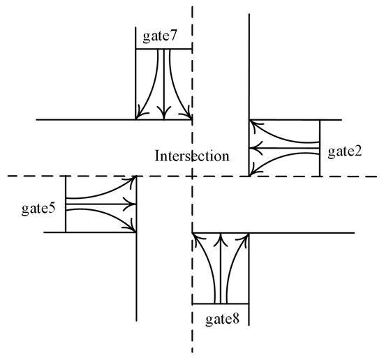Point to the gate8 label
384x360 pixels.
pyautogui.click(x=222, y=320)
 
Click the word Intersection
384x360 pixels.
pyautogui.click(x=191, y=156)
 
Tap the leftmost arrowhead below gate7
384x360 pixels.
pyautogui.click(x=141, y=114)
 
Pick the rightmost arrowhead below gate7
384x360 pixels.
pyautogui.click(x=186, y=114)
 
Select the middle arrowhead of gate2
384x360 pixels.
pyautogui.click(x=255, y=147)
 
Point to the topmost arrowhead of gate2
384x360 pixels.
pyautogui.click(x=255, y=126)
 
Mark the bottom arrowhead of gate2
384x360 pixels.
pyautogui.click(x=255, y=170)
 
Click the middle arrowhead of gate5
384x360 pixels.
pyautogui.click(x=131, y=204)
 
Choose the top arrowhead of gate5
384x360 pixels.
pyautogui.click(x=130, y=182)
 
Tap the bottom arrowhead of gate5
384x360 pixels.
pyautogui.click(x=130, y=226)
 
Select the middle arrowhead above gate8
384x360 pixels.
pyautogui.click(x=220, y=239)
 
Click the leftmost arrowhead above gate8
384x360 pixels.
pyautogui.click(x=198, y=239)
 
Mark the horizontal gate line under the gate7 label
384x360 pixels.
pyautogui.click(x=163, y=49)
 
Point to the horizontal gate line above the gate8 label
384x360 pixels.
pyautogui.click(x=220, y=303)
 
